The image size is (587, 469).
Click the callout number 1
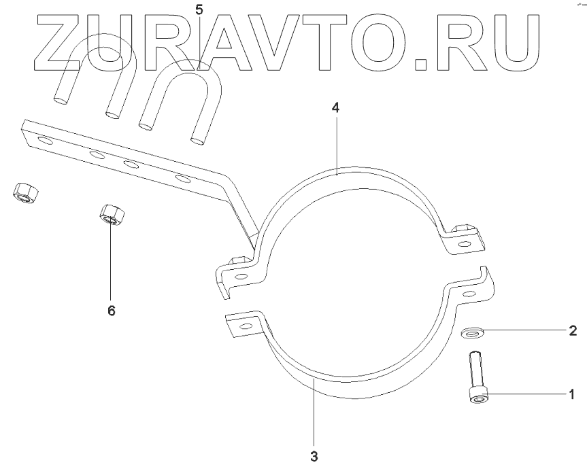572,394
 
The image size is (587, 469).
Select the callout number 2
573,331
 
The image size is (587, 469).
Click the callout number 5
199,10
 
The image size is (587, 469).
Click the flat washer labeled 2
471,332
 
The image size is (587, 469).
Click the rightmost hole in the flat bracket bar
182,179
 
